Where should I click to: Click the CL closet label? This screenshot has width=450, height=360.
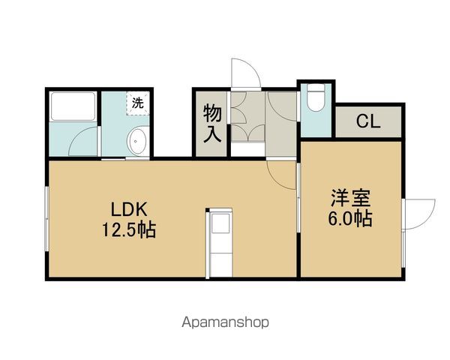368,121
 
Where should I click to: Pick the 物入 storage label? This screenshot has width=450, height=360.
211,124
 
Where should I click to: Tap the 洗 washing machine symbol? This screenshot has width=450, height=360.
138,103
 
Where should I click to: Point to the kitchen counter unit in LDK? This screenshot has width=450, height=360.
220,241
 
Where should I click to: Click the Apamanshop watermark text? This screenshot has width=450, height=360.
224,322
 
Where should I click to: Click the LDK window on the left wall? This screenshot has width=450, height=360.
47,217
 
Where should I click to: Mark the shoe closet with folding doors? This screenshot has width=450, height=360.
247,116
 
